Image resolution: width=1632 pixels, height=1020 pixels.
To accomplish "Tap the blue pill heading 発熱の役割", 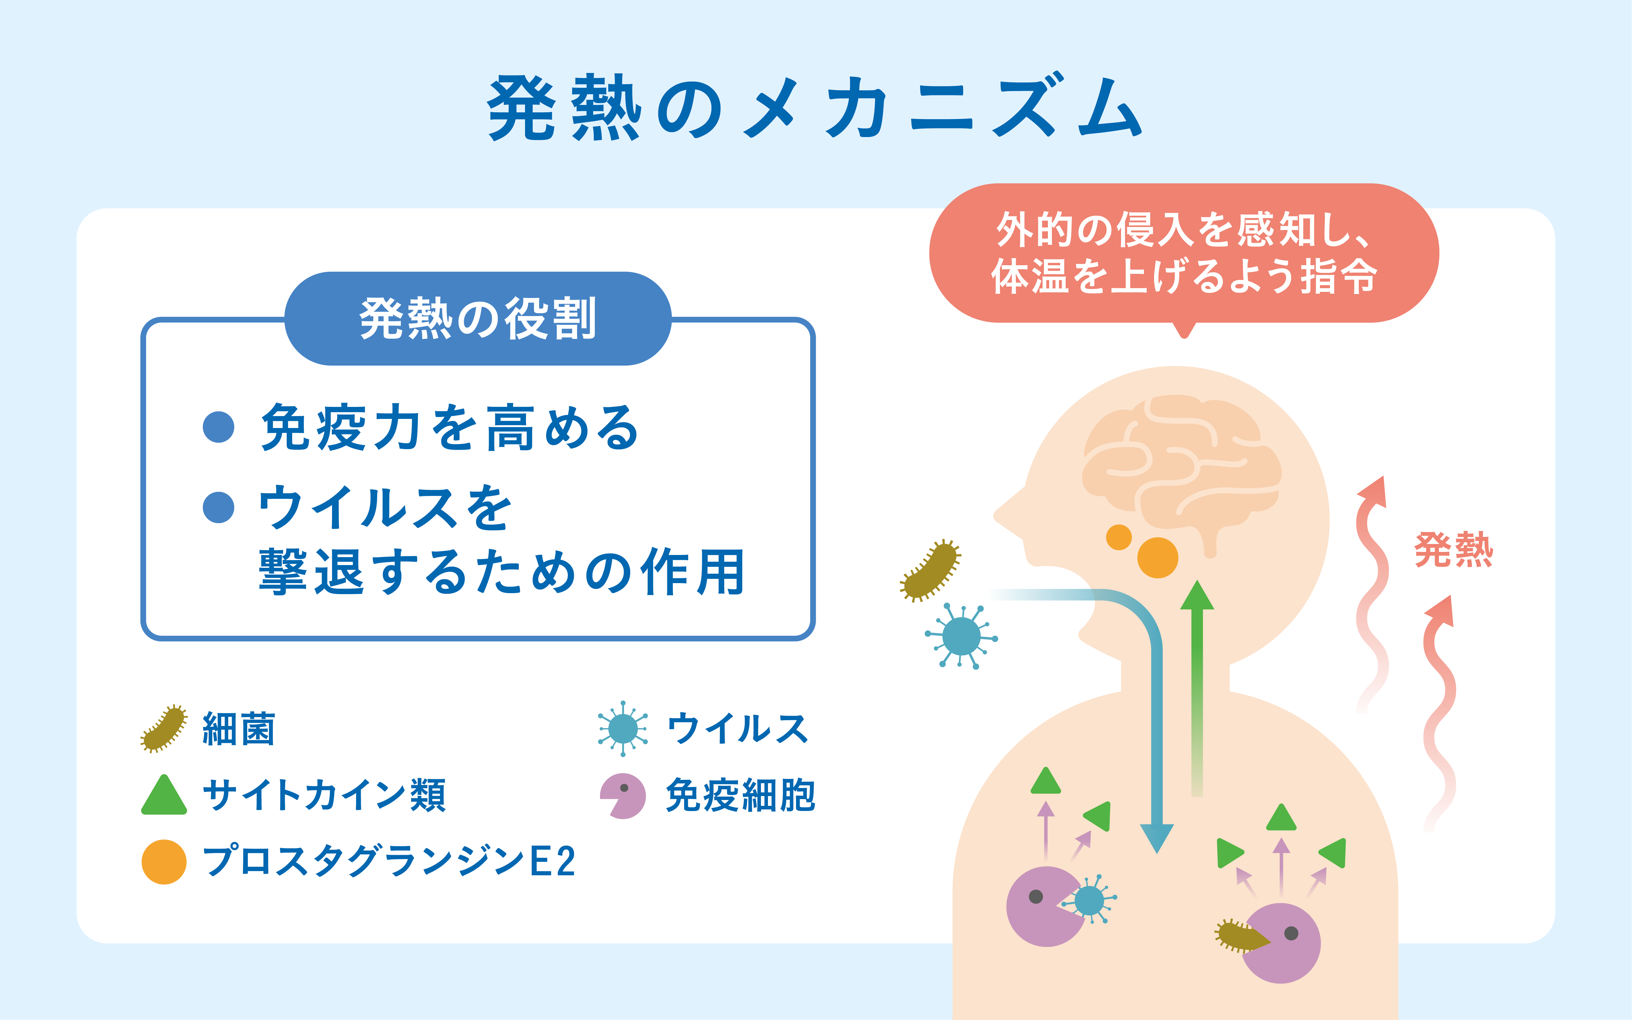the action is pos(478,318).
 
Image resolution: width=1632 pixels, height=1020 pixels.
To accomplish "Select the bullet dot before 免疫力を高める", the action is pos(218,427).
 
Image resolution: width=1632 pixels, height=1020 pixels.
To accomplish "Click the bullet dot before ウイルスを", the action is pos(218,507).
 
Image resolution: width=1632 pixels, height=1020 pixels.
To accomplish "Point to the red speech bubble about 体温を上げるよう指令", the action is pos(1184,255).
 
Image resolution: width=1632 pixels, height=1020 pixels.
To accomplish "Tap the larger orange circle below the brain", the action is pos(1158,557).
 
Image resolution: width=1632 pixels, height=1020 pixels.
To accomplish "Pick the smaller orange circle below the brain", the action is pos(1119,537).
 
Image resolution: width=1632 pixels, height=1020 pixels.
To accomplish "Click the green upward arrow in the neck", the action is pos(1197,688).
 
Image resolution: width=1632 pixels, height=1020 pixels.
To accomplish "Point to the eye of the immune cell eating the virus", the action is pos(1036,896).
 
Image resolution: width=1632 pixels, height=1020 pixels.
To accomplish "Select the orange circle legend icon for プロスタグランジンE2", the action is pos(164,862).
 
